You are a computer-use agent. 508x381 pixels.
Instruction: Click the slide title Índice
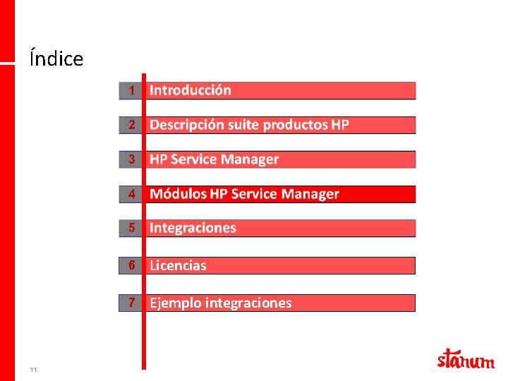pos(56,59)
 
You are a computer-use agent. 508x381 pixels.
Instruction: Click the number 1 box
pos(131,90)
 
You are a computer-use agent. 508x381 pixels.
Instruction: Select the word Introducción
pos(190,90)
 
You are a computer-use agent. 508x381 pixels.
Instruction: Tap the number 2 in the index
pos(131,125)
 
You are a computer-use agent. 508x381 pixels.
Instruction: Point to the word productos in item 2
pos(295,125)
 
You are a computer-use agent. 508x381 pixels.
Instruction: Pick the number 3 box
pos(131,159)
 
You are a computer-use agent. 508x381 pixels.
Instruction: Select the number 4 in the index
pos(131,194)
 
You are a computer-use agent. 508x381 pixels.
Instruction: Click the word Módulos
pos(179,194)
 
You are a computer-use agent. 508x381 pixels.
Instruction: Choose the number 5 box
pos(131,228)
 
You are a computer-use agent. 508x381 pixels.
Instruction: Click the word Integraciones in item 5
pos(193,228)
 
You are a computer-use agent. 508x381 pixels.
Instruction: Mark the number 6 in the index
pos(131,265)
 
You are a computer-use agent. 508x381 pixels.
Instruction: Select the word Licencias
pos(178,266)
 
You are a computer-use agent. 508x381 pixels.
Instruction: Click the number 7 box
pos(131,303)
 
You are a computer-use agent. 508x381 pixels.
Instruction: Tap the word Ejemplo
pos(176,303)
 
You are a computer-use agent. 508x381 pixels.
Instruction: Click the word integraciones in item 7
pos(248,303)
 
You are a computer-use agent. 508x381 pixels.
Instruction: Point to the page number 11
pos(34,370)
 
